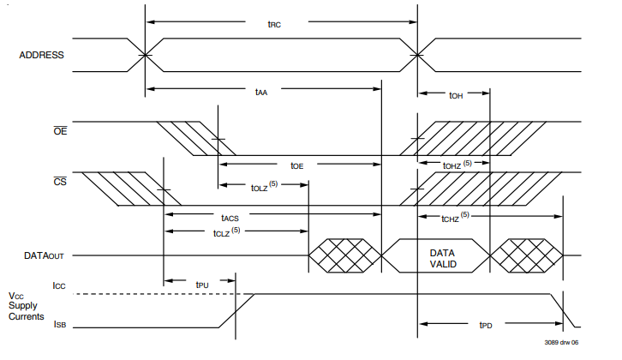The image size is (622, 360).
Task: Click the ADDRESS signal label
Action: pos(41,55)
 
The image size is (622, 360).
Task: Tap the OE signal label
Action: pos(60,130)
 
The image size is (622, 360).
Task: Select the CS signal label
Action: pos(60,182)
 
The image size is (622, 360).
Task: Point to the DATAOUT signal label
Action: pos(44,255)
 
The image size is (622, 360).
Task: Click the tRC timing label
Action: pos(274,24)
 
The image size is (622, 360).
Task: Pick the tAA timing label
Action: pos(261,92)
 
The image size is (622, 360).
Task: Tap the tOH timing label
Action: pos(456,96)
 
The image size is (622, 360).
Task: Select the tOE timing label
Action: pos(296,166)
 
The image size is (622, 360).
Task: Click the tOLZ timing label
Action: pos(264,187)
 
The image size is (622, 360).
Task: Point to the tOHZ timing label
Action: pos(458,165)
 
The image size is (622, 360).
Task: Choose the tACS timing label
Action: pos(230,218)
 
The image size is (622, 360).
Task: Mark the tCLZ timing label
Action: pos(226,231)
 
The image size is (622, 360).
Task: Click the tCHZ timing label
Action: pos(456,217)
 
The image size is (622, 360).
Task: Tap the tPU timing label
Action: pos(202,285)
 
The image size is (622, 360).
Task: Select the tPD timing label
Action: pos(486,325)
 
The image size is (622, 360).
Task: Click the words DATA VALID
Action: pos(443,258)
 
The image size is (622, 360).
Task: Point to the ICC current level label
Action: pos(59,285)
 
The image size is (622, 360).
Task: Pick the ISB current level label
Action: pos(59,324)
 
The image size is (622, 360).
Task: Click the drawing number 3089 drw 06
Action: pos(561,342)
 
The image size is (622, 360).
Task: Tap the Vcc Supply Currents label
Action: pos(27,306)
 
